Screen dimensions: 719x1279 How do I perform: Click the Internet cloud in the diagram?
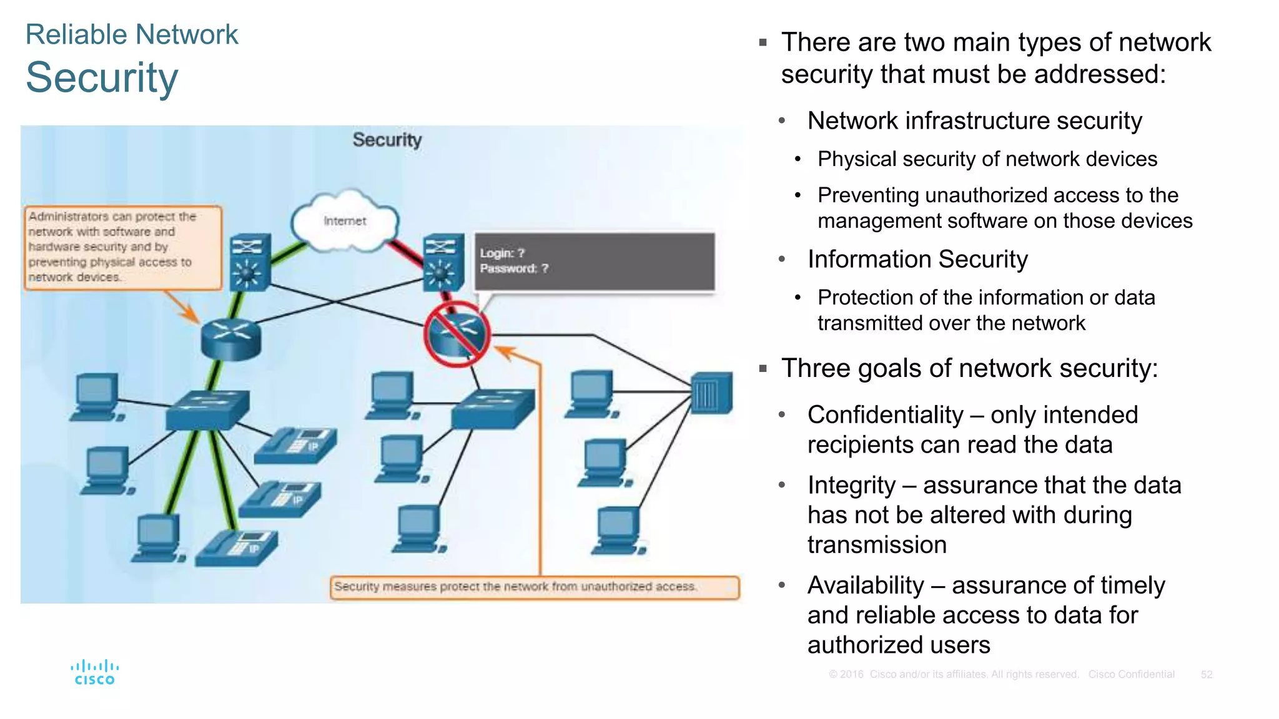[344, 222]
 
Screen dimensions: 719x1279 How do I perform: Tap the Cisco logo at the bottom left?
[94, 673]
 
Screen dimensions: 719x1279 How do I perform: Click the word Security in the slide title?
[102, 78]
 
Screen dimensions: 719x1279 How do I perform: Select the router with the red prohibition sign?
[457, 334]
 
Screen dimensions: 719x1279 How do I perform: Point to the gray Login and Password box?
[594, 262]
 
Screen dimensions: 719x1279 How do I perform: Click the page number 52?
[1206, 675]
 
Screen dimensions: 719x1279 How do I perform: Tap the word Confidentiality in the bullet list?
[885, 415]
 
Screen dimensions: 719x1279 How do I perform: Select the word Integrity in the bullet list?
[851, 486]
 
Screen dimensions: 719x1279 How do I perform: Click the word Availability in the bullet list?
[866, 585]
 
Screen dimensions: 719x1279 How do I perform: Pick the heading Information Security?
[917, 259]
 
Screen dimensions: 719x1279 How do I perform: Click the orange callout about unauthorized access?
[534, 587]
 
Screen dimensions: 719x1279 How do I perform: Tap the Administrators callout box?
[122, 248]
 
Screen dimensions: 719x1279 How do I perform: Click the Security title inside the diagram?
[387, 140]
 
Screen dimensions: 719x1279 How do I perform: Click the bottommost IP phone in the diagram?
[237, 547]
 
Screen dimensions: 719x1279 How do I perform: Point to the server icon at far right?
[712, 393]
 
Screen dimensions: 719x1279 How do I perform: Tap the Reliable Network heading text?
[132, 34]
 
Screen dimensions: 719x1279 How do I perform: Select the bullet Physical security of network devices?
[987, 159]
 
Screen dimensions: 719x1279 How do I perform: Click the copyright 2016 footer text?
[953, 675]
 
